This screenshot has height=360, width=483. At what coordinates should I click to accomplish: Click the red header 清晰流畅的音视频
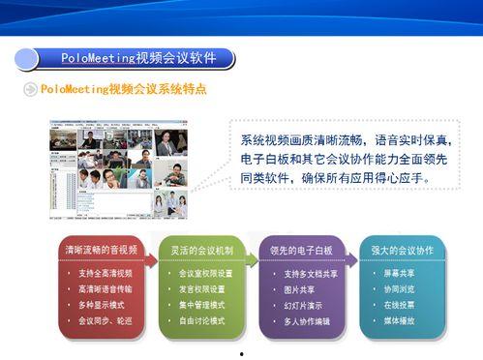pos(101,251)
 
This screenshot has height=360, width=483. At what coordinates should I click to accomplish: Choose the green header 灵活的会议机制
pos(202,251)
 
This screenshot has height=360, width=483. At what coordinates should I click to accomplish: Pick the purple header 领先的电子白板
pos(303,251)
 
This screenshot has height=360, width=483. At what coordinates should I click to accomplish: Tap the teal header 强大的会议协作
pos(402,251)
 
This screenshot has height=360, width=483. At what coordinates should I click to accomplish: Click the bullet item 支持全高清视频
pos(106,274)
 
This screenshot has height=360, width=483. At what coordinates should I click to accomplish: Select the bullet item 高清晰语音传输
pos(106,289)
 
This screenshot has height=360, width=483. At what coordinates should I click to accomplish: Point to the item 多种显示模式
pos(102,305)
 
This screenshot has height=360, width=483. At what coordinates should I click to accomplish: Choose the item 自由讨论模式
pos(202,320)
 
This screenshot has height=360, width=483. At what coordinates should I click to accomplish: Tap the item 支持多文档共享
pos(311,274)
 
